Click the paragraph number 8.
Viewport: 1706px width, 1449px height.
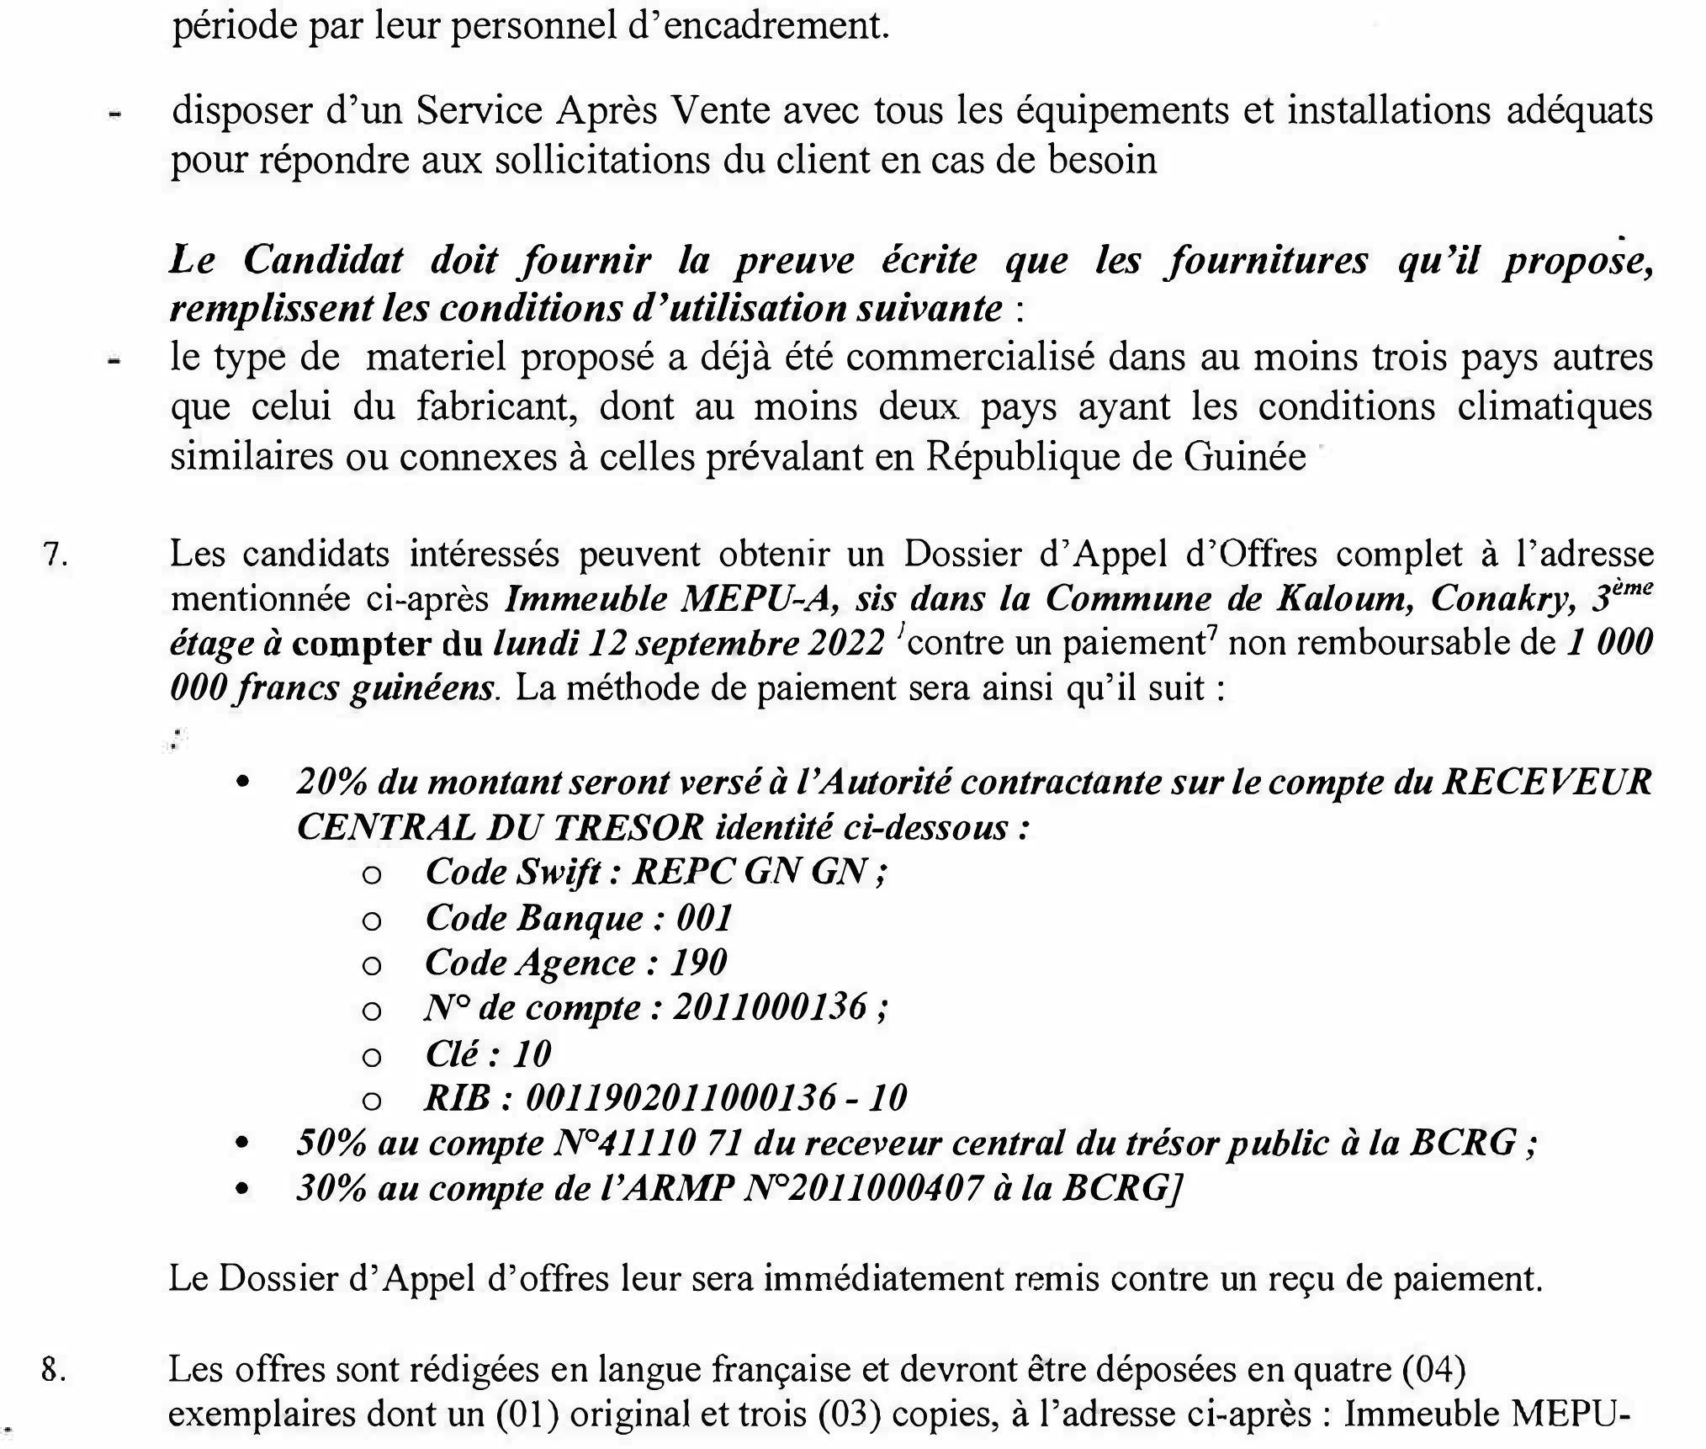coord(54,1371)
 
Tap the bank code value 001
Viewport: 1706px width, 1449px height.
coord(705,917)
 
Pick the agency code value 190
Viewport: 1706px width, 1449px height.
coord(698,963)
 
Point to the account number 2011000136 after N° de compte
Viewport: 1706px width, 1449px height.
coord(770,1007)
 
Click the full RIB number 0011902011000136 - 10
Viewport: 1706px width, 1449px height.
coord(716,1098)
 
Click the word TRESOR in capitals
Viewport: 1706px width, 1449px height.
coord(628,828)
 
